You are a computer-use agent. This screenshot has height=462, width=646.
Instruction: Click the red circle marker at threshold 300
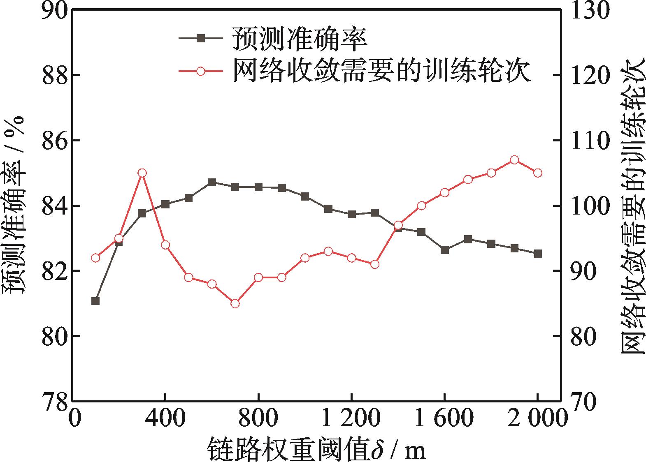tap(142, 173)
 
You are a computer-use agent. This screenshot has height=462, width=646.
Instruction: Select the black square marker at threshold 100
tap(95, 301)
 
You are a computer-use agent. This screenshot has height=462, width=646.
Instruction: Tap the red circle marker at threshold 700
tap(235, 304)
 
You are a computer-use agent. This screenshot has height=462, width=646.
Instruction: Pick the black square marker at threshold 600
tap(212, 182)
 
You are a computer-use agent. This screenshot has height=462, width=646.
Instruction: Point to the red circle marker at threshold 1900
tap(514, 160)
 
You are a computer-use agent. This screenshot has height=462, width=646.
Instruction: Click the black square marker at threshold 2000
tap(538, 254)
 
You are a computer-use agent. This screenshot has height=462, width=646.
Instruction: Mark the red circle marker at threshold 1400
tap(398, 225)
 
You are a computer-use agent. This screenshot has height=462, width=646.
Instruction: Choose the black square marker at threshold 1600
tap(444, 249)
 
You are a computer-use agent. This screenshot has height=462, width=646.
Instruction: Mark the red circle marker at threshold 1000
tap(305, 258)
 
